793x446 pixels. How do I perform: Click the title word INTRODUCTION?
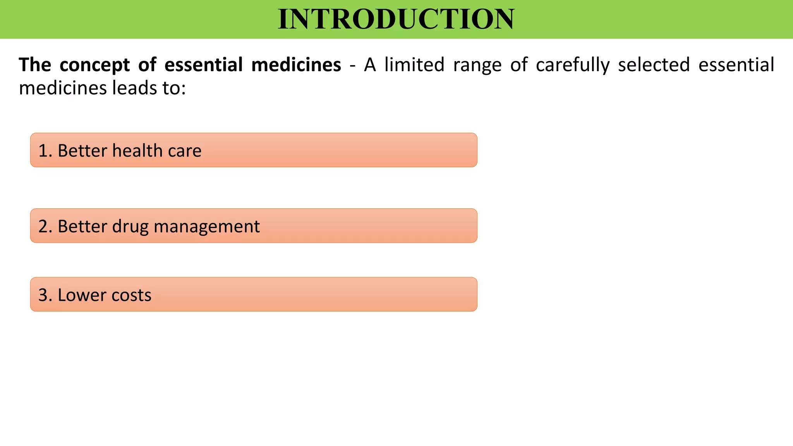[396, 19]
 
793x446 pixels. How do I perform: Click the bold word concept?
[95, 65]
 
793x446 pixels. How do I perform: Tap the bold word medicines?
[296, 65]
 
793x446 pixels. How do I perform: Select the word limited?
[414, 65]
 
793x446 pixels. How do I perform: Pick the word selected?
[654, 65]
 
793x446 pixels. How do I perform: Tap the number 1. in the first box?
[45, 151]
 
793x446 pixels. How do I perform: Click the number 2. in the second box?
[45, 226]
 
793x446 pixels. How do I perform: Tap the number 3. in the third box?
[45, 295]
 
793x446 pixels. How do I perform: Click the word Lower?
[82, 295]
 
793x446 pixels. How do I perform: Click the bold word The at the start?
[35, 65]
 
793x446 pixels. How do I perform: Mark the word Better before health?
[82, 151]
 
